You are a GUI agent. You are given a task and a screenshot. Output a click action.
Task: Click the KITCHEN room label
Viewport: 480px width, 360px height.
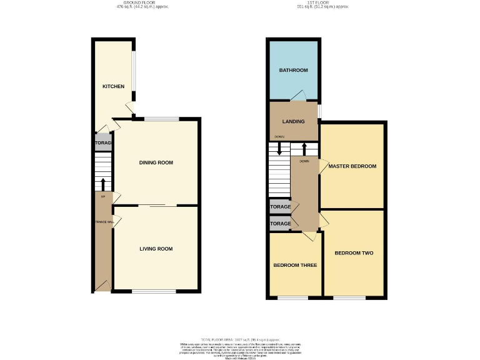[113, 86]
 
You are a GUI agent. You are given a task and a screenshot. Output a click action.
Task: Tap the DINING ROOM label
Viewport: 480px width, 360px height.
[156, 162]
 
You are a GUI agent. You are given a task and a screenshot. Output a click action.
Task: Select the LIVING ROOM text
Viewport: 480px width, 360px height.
[156, 249]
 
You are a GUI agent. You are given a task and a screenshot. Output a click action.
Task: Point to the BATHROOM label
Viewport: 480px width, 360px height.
[293, 71]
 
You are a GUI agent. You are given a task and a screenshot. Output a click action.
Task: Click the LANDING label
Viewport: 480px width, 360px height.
[292, 121]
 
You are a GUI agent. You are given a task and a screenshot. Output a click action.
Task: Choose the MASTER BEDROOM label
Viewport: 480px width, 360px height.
[352, 166]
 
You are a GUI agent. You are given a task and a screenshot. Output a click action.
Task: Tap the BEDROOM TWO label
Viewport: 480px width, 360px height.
[354, 253]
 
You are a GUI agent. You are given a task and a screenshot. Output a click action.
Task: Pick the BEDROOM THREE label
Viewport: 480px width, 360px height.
[295, 265]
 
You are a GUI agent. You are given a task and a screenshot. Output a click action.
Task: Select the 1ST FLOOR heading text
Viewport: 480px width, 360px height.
[322, 3]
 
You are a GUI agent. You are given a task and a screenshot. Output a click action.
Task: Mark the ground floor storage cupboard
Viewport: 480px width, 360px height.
[103, 143]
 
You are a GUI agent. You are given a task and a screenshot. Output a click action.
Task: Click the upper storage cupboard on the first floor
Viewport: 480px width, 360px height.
[280, 207]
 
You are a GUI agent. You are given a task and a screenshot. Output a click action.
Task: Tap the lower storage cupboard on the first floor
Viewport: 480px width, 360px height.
[280, 223]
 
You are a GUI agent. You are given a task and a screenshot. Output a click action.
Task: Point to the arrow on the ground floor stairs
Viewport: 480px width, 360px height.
[103, 184]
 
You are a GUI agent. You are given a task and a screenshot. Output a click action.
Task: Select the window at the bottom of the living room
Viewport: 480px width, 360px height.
[154, 292]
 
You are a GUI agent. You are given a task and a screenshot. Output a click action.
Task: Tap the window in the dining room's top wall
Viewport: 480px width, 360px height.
[161, 119]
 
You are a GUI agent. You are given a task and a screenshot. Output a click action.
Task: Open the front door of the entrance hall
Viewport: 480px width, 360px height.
[101, 286]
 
